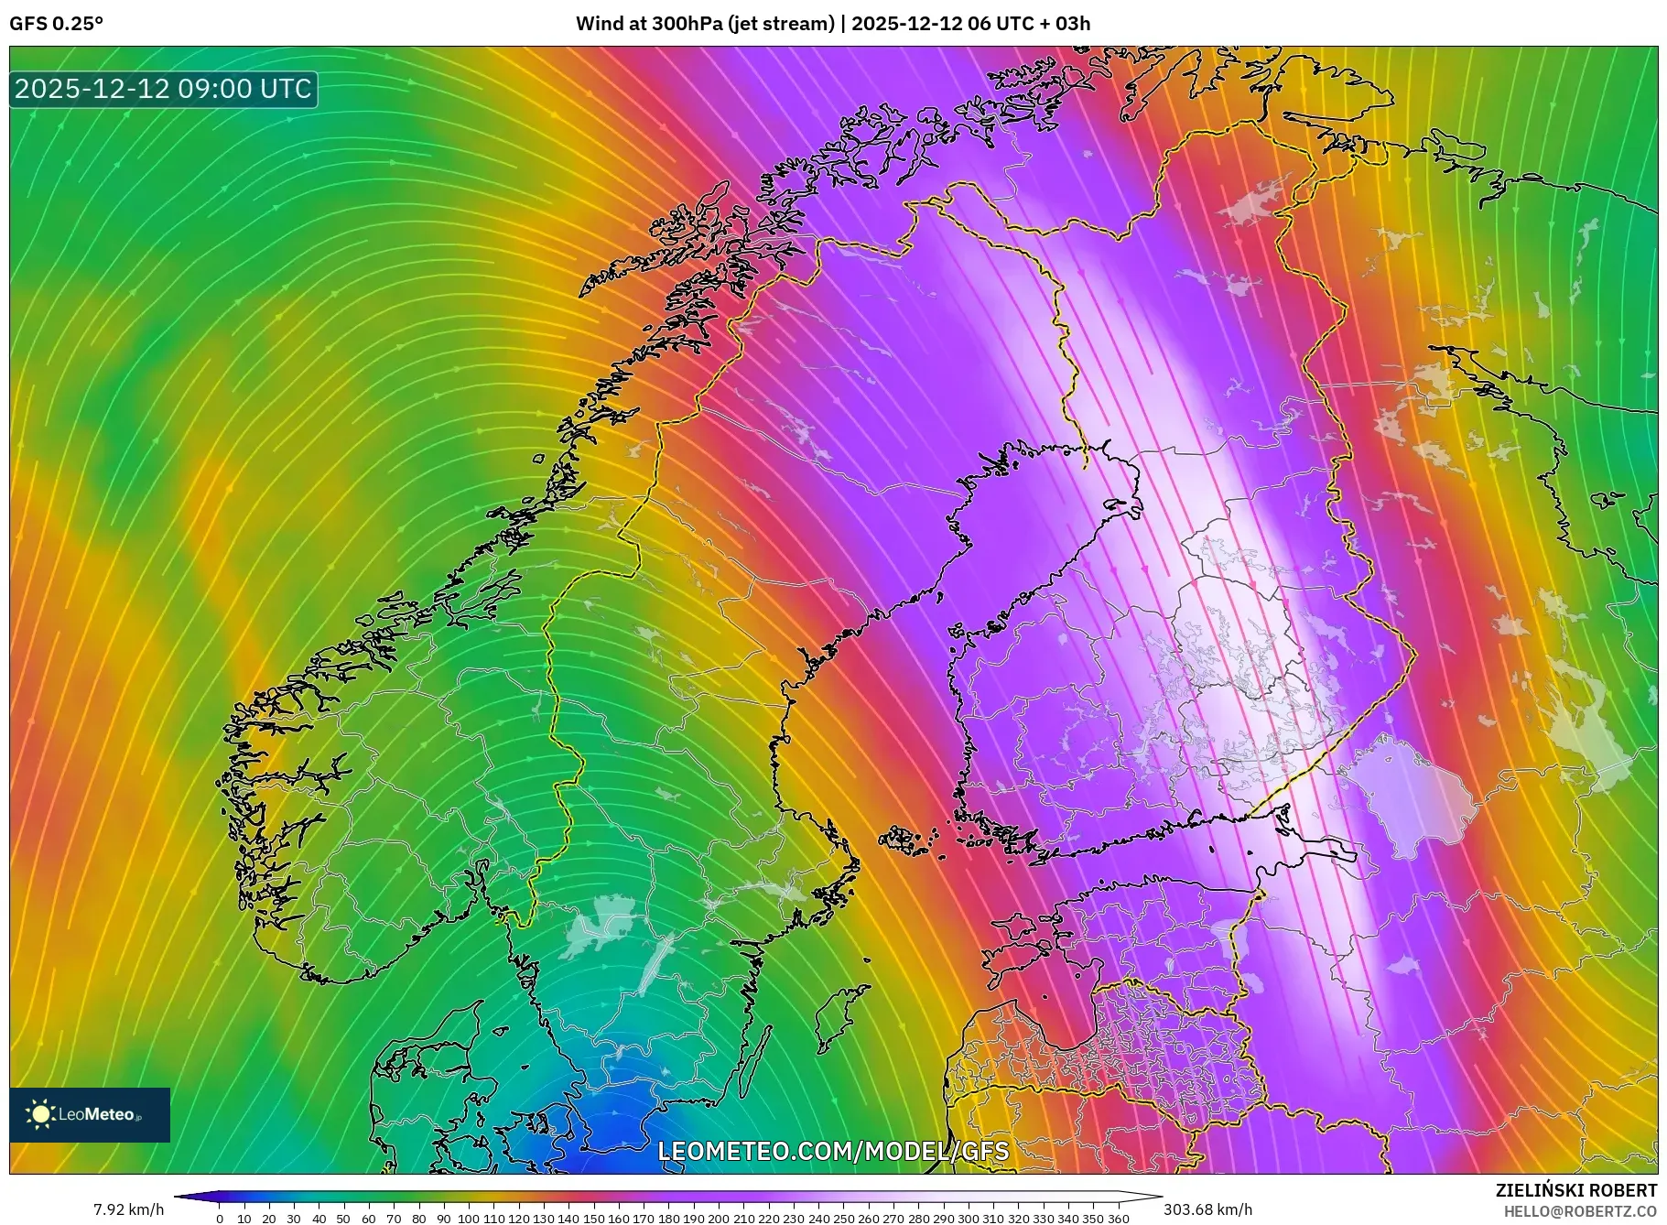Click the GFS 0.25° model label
pos(56,24)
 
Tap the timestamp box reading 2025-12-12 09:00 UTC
pos(164,89)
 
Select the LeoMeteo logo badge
pos(90,1114)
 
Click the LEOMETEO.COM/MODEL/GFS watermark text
pos(833,1151)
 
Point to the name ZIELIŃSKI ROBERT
pos(1575,1190)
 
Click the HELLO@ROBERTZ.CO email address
pos(1580,1211)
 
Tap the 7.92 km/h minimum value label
pos(129,1209)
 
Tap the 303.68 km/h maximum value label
pos(1207,1209)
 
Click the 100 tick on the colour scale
pos(469,1219)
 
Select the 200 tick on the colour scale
pos(719,1219)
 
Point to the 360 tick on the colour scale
pos(1118,1219)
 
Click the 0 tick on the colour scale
pos(220,1219)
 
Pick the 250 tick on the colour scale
pos(843,1219)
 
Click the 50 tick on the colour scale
pos(344,1219)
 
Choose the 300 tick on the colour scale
pos(968,1219)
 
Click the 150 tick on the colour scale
pos(593,1219)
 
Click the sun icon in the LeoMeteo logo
pos(41,1114)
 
